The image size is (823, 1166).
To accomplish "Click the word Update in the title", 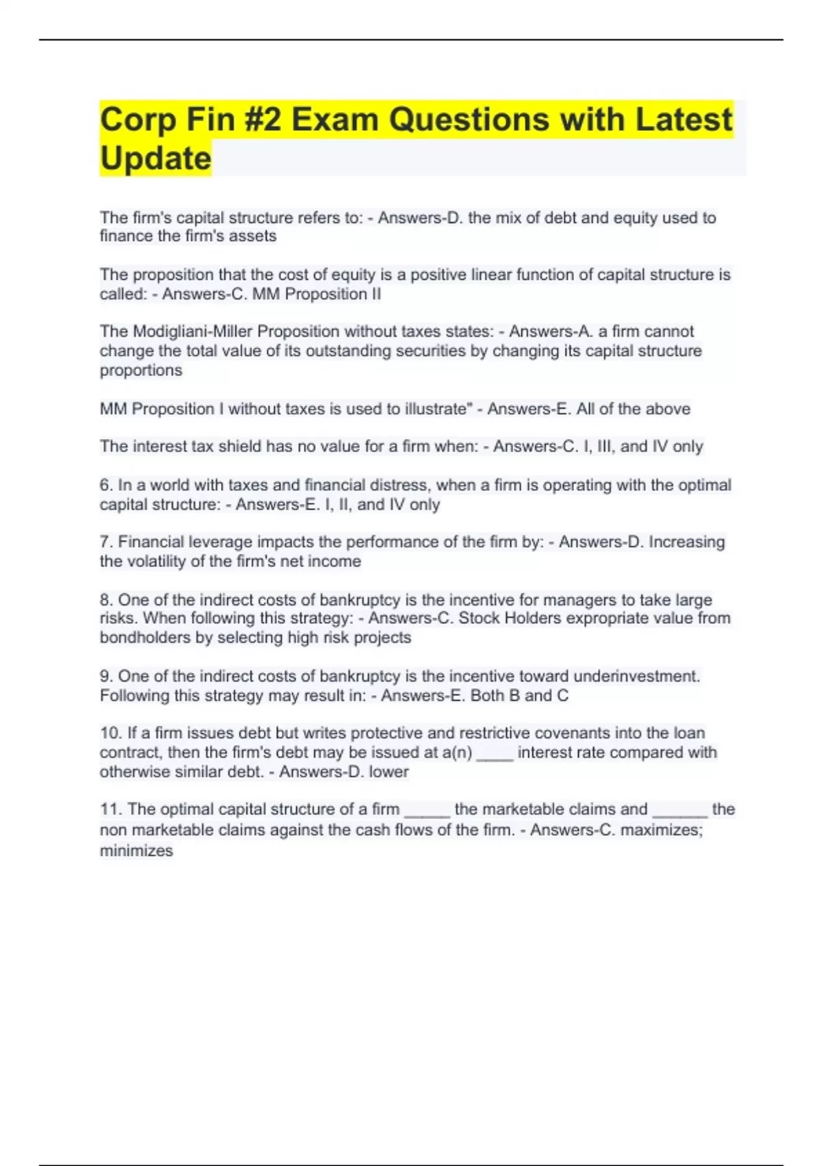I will click(156, 158).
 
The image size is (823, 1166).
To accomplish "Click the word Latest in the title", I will click(683, 120).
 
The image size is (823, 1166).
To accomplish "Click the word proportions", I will click(141, 370).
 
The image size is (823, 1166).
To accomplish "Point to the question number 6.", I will click(106, 485).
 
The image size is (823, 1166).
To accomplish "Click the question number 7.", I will click(106, 542).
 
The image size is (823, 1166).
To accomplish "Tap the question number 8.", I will click(106, 599).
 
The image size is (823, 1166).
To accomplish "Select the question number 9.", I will click(106, 676).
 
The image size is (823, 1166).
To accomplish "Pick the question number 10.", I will click(110, 733).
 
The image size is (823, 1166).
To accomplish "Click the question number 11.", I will click(110, 809).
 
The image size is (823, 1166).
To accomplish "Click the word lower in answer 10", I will click(389, 772).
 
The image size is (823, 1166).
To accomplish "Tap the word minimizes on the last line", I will click(136, 851).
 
